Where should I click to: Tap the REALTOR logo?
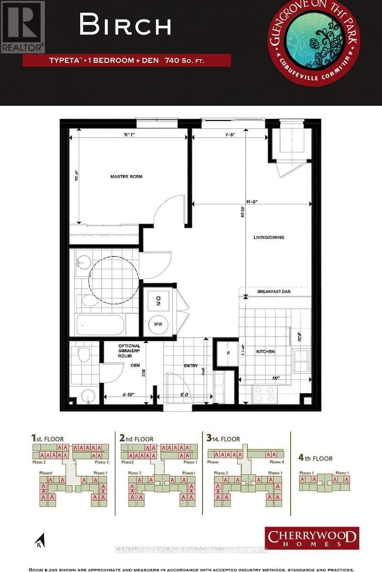coord(22,26)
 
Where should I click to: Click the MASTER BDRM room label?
coord(127,176)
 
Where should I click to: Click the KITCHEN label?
coord(265,351)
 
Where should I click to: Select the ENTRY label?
coord(191,366)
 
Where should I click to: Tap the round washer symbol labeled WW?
coord(158,325)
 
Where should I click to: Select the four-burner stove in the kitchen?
coord(265,394)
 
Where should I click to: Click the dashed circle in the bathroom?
coord(114,277)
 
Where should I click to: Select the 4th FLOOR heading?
coord(315,459)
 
